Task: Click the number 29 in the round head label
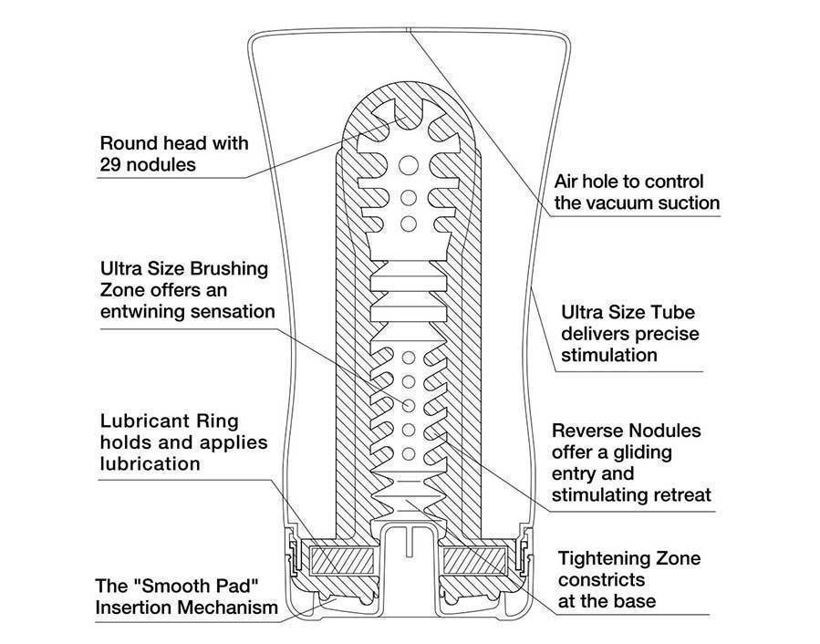[x=112, y=165]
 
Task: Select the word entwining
[x=149, y=311]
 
